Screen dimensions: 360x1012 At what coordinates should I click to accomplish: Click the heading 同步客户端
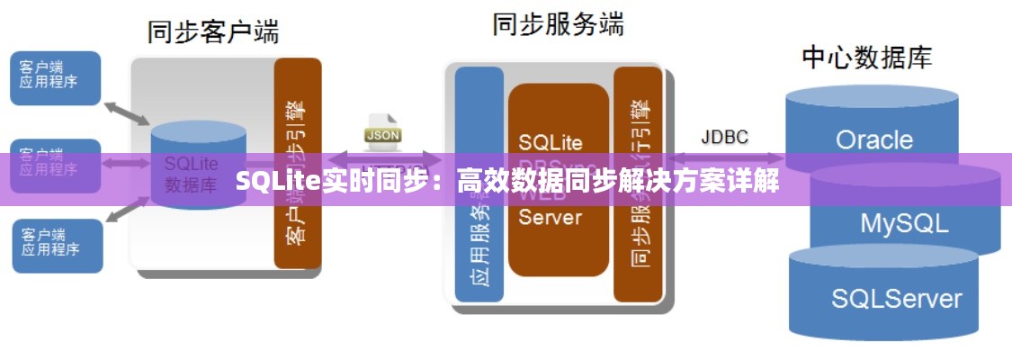coord(213,32)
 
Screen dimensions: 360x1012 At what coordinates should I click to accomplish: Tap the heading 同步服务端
coord(558,24)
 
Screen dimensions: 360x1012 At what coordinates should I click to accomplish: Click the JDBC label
coord(724,137)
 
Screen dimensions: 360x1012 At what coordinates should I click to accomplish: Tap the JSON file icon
coord(382,130)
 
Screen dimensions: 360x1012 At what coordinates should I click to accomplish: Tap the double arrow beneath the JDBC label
coord(724,158)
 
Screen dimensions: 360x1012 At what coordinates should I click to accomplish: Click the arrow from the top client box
coord(126,113)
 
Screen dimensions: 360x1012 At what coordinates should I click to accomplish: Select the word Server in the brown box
coord(551,219)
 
